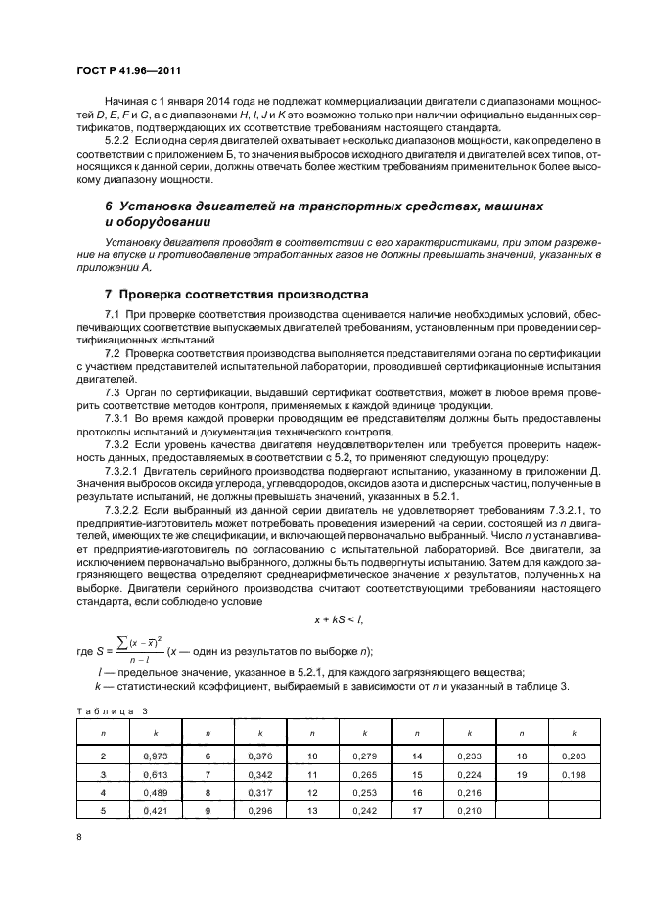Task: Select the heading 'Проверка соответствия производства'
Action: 242,294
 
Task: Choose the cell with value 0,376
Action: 258,756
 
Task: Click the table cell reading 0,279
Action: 364,756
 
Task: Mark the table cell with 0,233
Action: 470,756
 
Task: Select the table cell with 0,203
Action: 576,756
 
